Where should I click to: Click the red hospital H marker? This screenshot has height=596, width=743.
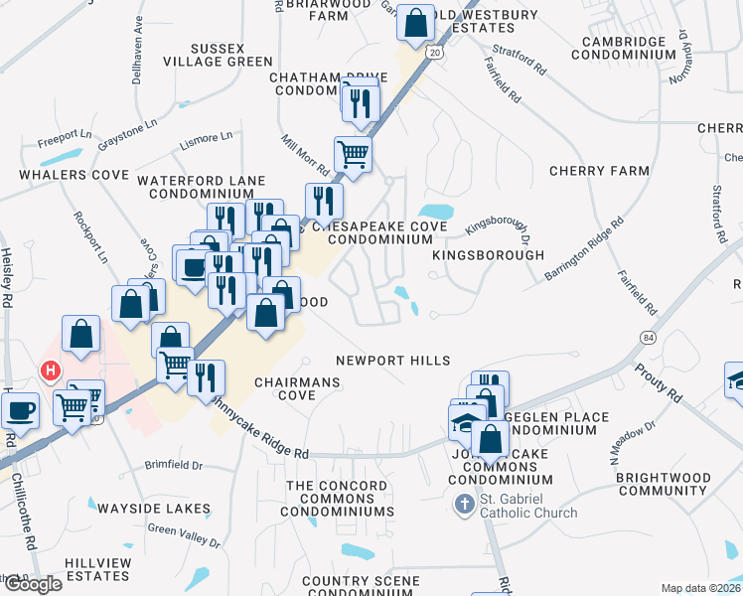click(x=49, y=371)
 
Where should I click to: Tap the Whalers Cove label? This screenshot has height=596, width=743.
click(x=73, y=175)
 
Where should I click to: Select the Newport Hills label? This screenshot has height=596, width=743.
click(x=392, y=361)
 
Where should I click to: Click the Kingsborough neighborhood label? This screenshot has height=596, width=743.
click(x=488, y=255)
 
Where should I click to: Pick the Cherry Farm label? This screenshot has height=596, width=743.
click(x=599, y=171)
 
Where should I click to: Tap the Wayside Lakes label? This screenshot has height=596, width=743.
click(x=153, y=509)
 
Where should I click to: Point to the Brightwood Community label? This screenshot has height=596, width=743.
click(x=664, y=485)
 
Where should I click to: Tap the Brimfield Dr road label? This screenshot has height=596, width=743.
click(x=173, y=465)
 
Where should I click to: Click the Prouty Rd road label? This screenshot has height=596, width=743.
click(x=661, y=384)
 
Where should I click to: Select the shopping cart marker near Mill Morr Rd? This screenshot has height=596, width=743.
click(x=353, y=155)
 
